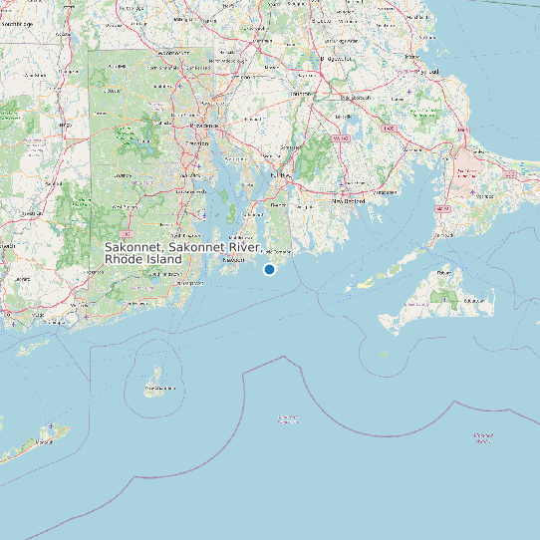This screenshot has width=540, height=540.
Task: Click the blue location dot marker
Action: [269, 269]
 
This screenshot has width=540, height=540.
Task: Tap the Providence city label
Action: [203, 127]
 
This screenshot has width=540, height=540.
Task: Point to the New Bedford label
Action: [349, 200]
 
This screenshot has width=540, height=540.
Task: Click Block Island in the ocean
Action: [154, 384]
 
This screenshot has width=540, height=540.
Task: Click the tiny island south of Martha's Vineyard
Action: [385, 354]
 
